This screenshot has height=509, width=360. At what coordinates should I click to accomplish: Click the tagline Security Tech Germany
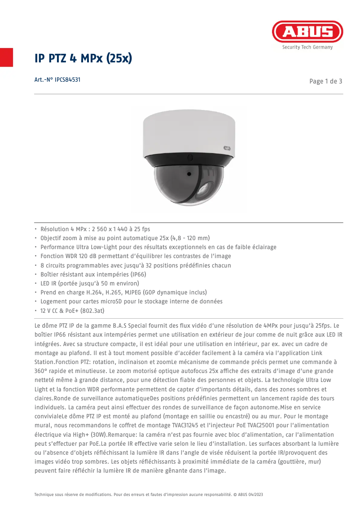[x=307, y=47]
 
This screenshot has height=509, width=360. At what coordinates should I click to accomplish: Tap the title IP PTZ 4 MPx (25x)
[x=83, y=58]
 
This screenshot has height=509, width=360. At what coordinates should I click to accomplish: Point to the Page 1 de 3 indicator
[x=326, y=81]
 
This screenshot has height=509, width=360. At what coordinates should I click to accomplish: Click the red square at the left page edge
[x=6, y=57]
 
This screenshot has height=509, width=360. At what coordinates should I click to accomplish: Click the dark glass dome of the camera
[x=189, y=184]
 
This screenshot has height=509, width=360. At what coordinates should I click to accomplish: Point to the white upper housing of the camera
[x=189, y=132]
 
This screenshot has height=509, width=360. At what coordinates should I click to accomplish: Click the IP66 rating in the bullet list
[x=137, y=274]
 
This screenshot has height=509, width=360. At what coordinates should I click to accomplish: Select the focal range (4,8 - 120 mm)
[x=184, y=238]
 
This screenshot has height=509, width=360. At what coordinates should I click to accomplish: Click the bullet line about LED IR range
[x=90, y=283]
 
